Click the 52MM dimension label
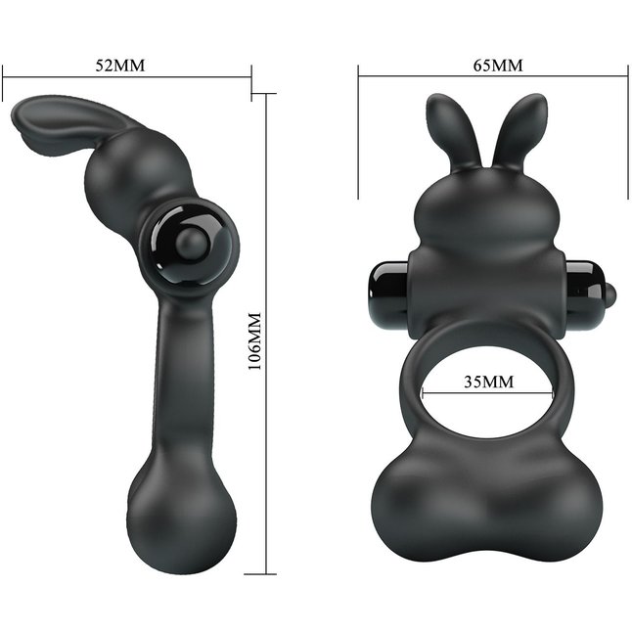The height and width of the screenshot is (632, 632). point(119,66)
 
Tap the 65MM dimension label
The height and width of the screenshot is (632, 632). point(498,66)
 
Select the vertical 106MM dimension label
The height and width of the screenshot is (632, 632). point(254,341)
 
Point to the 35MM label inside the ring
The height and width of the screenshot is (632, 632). point(489,382)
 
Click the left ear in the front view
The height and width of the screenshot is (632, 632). point(452,129)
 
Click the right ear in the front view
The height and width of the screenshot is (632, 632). point(519,129)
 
